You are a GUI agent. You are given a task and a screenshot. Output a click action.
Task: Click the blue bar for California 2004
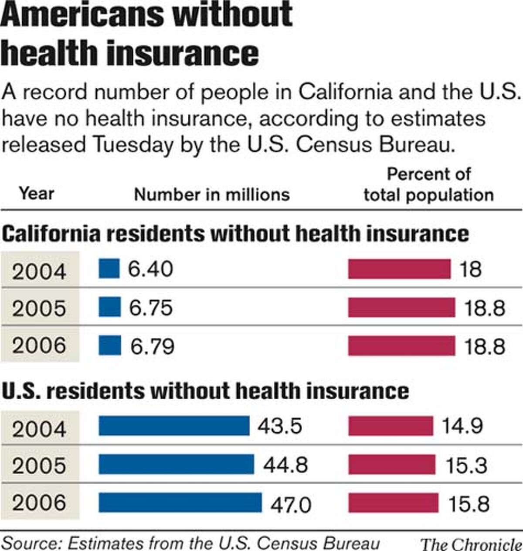click(x=109, y=269)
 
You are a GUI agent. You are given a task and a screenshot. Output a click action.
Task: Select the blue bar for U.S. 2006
click(x=180, y=503)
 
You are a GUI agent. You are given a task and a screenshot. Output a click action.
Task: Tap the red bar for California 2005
click(x=401, y=308)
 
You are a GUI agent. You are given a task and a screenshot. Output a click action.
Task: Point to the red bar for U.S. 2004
click(x=391, y=426)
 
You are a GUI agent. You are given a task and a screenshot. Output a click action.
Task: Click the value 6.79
click(x=152, y=346)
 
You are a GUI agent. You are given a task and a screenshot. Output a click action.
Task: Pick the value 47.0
click(x=291, y=505)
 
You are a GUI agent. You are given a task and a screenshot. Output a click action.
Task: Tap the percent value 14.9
click(x=462, y=426)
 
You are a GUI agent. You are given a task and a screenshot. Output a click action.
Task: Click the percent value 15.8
click(x=469, y=504)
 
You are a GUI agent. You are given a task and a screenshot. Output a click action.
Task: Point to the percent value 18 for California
click(x=470, y=269)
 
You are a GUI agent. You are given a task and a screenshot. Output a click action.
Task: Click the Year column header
click(x=37, y=193)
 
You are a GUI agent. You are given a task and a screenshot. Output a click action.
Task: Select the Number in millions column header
click(x=212, y=195)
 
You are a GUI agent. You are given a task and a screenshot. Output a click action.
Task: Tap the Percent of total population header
click(x=428, y=185)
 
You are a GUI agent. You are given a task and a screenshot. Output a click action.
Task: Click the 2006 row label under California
click(x=39, y=346)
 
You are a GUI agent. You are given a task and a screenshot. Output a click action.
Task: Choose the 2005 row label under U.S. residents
click(x=39, y=465)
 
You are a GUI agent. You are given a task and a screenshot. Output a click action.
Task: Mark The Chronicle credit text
click(x=471, y=544)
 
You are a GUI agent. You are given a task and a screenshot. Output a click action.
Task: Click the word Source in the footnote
click(x=30, y=543)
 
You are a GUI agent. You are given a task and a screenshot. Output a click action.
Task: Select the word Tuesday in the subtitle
click(x=132, y=145)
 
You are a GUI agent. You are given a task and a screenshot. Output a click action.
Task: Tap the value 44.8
click(x=285, y=465)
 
